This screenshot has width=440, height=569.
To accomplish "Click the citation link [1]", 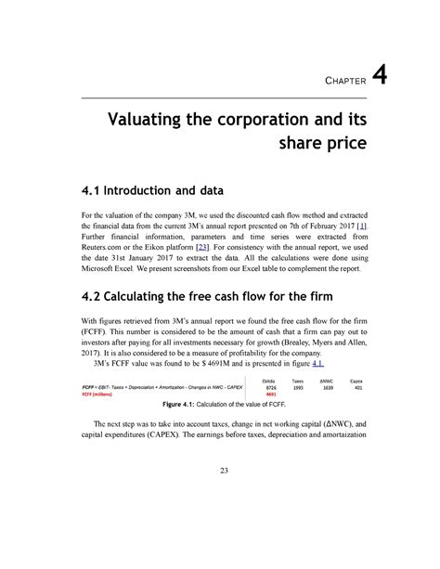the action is click(363, 226).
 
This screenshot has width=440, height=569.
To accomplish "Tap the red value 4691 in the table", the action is click(270, 394).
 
